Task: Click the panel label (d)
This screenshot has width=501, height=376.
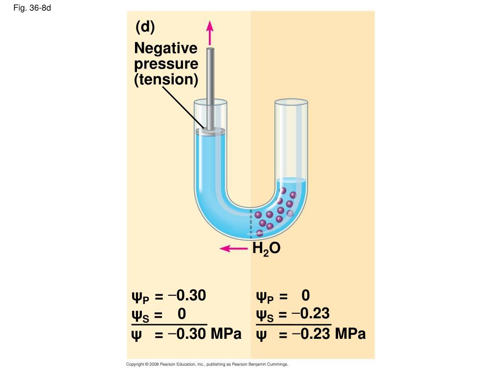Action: [x=145, y=27]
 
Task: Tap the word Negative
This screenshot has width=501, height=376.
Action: [x=166, y=48]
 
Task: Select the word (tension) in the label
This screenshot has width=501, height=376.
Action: [x=166, y=79]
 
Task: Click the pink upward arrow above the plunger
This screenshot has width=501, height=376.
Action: [x=210, y=33]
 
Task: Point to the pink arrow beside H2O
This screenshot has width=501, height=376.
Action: [x=234, y=249]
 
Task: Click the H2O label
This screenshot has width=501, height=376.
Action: [x=266, y=249]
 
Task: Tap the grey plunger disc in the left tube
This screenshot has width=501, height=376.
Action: [x=210, y=131]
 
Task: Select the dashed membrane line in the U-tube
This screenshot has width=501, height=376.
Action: [x=251, y=223]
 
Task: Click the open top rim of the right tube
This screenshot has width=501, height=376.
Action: [x=291, y=102]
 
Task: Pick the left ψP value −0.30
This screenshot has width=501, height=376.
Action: [x=187, y=296]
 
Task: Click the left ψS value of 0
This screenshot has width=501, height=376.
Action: [x=182, y=313]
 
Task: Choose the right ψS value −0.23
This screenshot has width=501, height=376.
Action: [x=311, y=313]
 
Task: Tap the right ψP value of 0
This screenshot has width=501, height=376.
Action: [x=306, y=296]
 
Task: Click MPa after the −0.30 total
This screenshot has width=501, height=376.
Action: [x=226, y=335]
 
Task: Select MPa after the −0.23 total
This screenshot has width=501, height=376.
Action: [x=350, y=335]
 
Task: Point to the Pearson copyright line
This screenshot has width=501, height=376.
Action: [x=207, y=365]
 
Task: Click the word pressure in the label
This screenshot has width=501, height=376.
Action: [x=166, y=64]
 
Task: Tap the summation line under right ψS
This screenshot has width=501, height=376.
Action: [x=294, y=324]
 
